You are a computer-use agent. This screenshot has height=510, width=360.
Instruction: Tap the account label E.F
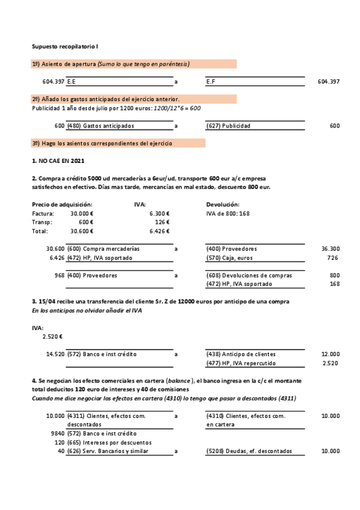pos(211,81)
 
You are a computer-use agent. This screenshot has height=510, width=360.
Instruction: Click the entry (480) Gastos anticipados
pos(100,126)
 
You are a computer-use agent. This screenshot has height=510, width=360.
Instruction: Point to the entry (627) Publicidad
pos(228,126)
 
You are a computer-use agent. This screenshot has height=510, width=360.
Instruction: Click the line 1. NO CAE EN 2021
pos(58,161)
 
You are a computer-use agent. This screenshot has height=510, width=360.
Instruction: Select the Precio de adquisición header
pos(61,204)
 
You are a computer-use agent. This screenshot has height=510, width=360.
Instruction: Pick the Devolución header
pos(223,204)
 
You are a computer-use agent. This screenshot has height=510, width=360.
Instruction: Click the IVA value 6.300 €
pos(159,213)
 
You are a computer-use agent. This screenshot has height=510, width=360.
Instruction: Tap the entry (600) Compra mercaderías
pos(103,248)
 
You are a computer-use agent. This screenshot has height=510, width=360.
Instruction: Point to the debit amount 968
pos(59,275)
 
